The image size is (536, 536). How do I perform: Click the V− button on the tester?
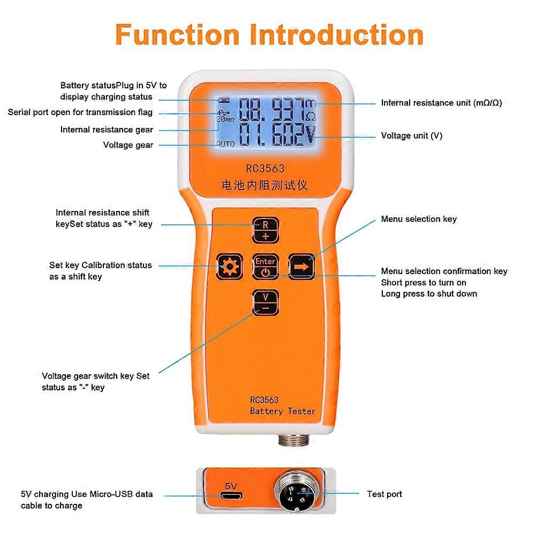(265, 302)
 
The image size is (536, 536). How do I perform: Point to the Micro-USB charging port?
(231, 496)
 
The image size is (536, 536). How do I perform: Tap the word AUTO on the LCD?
(225, 145)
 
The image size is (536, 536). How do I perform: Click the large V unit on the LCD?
(310, 136)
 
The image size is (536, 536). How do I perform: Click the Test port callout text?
(384, 494)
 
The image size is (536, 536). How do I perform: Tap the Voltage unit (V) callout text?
(411, 136)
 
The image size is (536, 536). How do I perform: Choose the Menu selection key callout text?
(419, 219)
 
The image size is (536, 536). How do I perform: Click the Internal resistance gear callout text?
(107, 130)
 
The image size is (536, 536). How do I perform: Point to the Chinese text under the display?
(265, 186)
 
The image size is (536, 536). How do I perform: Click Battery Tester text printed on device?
(282, 411)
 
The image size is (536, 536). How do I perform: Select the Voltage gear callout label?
(128, 145)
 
